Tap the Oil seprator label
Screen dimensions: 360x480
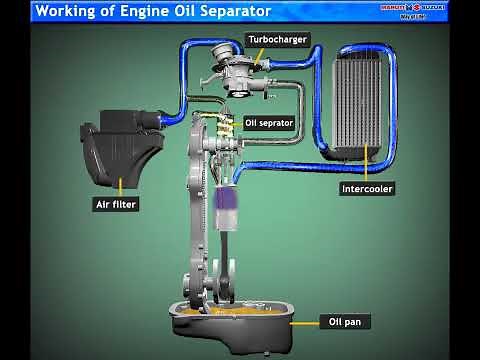[269, 123]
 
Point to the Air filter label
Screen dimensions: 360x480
[115, 204]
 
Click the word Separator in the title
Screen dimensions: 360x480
[224, 11]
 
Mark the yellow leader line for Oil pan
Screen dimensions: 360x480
[302, 322]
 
